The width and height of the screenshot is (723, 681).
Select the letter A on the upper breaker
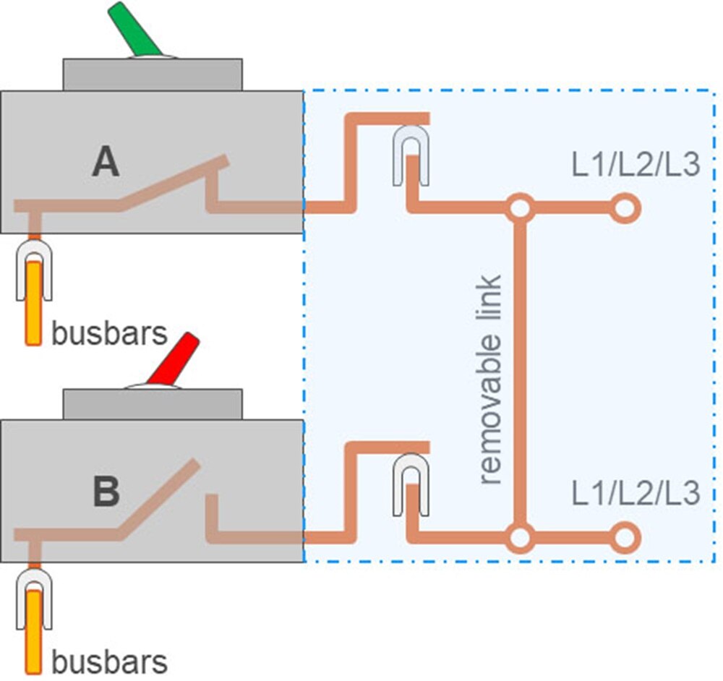pyautogui.click(x=106, y=163)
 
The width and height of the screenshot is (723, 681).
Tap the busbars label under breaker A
pyautogui.click(x=109, y=334)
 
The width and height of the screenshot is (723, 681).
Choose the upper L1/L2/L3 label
pyautogui.click(x=636, y=166)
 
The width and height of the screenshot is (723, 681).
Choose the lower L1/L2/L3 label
pyautogui.click(x=636, y=494)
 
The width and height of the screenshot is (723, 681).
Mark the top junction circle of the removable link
pyautogui.click(x=519, y=208)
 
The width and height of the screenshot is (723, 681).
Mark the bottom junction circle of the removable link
pyautogui.click(x=519, y=537)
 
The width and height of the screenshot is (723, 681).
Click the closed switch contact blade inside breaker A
pyautogui.click(x=174, y=184)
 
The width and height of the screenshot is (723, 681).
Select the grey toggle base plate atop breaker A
pyautogui.click(x=153, y=74)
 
